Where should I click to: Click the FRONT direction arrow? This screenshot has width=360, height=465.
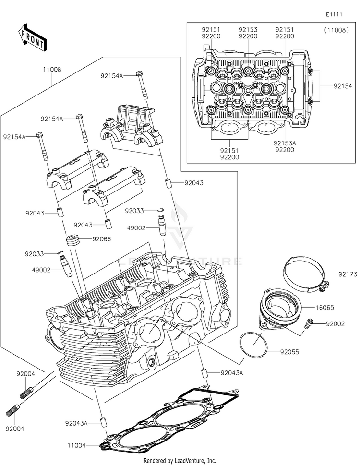pyautogui.click(x=32, y=37)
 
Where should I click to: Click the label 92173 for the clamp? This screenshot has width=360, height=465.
pyautogui.click(x=348, y=274)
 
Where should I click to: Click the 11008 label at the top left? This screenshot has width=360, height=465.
pyautogui.click(x=52, y=70)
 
